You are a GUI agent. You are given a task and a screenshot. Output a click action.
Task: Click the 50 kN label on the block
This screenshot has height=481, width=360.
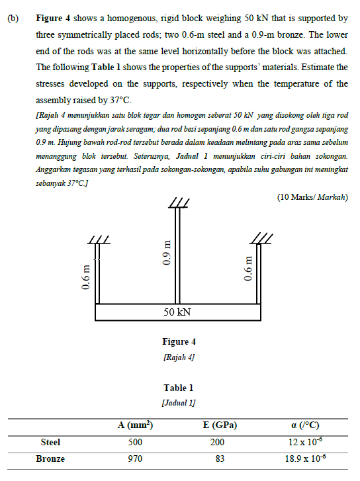(177, 312)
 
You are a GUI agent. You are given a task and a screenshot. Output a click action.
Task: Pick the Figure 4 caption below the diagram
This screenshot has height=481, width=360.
(179, 342)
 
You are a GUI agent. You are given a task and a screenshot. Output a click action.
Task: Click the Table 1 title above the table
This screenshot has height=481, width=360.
(179, 388)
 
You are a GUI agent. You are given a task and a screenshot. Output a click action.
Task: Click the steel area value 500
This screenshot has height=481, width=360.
(134, 441)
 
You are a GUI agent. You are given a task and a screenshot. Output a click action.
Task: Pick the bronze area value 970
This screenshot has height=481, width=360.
(134, 458)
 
